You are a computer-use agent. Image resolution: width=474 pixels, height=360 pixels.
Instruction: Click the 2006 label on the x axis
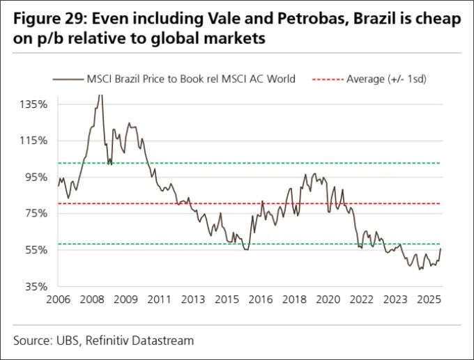(59, 300)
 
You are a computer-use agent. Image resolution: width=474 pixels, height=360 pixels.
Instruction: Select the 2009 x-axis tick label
(126, 300)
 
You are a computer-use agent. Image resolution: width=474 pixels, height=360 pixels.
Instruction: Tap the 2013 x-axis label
(193, 300)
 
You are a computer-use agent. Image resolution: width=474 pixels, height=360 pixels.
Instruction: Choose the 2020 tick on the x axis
(328, 300)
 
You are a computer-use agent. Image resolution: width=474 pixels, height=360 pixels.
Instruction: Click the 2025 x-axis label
(429, 300)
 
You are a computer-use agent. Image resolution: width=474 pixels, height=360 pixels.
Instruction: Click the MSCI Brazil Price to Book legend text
(189, 79)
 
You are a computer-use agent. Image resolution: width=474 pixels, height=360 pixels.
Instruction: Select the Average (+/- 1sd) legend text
(386, 79)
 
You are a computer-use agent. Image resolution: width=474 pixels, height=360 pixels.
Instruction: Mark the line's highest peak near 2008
(99, 95)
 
